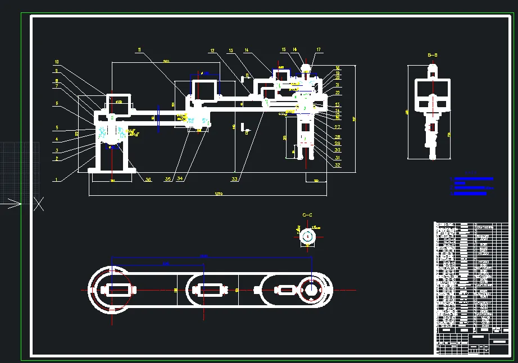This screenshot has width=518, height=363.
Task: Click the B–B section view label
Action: click(433, 55)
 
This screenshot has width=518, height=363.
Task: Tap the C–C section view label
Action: click(307, 215)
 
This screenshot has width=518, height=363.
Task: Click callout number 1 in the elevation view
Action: click(56, 180)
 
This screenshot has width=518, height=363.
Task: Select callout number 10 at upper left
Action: click(57, 62)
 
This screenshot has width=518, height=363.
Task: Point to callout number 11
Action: click(139, 50)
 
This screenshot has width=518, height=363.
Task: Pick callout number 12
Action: click(212, 51)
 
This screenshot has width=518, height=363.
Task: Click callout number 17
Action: click(319, 50)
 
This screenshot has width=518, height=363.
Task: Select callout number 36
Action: click(148, 180)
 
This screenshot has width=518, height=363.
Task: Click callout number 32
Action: click(338, 165)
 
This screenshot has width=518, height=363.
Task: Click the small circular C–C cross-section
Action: click(307, 237)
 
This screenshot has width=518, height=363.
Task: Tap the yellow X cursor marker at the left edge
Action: click(39, 204)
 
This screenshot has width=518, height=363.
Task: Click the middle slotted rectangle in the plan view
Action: click(209, 290)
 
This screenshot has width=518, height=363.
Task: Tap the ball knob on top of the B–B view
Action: click(433, 67)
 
